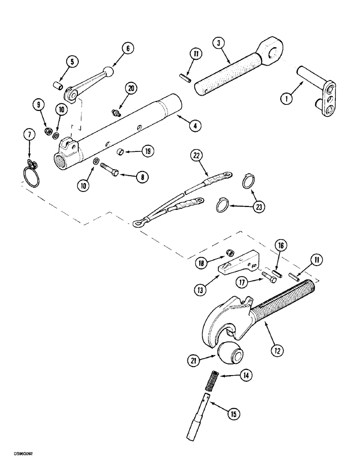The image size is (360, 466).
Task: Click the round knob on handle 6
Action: coord(108,71)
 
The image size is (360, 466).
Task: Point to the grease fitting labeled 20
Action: coord(114,112)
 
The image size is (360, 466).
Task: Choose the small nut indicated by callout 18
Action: coord(229,252)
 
